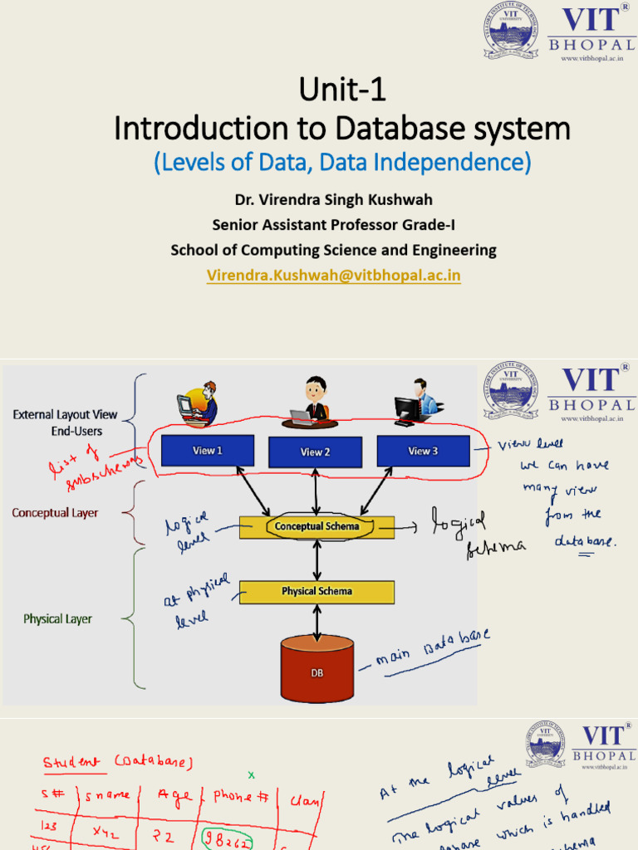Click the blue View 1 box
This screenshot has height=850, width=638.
click(x=207, y=451)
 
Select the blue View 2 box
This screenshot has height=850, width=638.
click(x=315, y=452)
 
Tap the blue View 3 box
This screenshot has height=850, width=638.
click(x=423, y=451)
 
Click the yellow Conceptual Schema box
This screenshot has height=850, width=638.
click(x=317, y=526)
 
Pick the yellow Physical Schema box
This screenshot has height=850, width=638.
click(x=317, y=592)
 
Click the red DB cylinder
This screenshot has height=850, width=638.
click(x=317, y=669)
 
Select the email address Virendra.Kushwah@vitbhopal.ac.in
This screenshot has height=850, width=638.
click(x=334, y=274)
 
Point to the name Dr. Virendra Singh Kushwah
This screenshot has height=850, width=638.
click(x=334, y=200)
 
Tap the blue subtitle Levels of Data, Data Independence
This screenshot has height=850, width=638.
click(x=341, y=163)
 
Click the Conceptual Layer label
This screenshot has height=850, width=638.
click(x=55, y=513)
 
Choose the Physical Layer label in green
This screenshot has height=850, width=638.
click(x=57, y=619)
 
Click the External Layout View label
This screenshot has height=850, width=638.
click(x=65, y=414)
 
